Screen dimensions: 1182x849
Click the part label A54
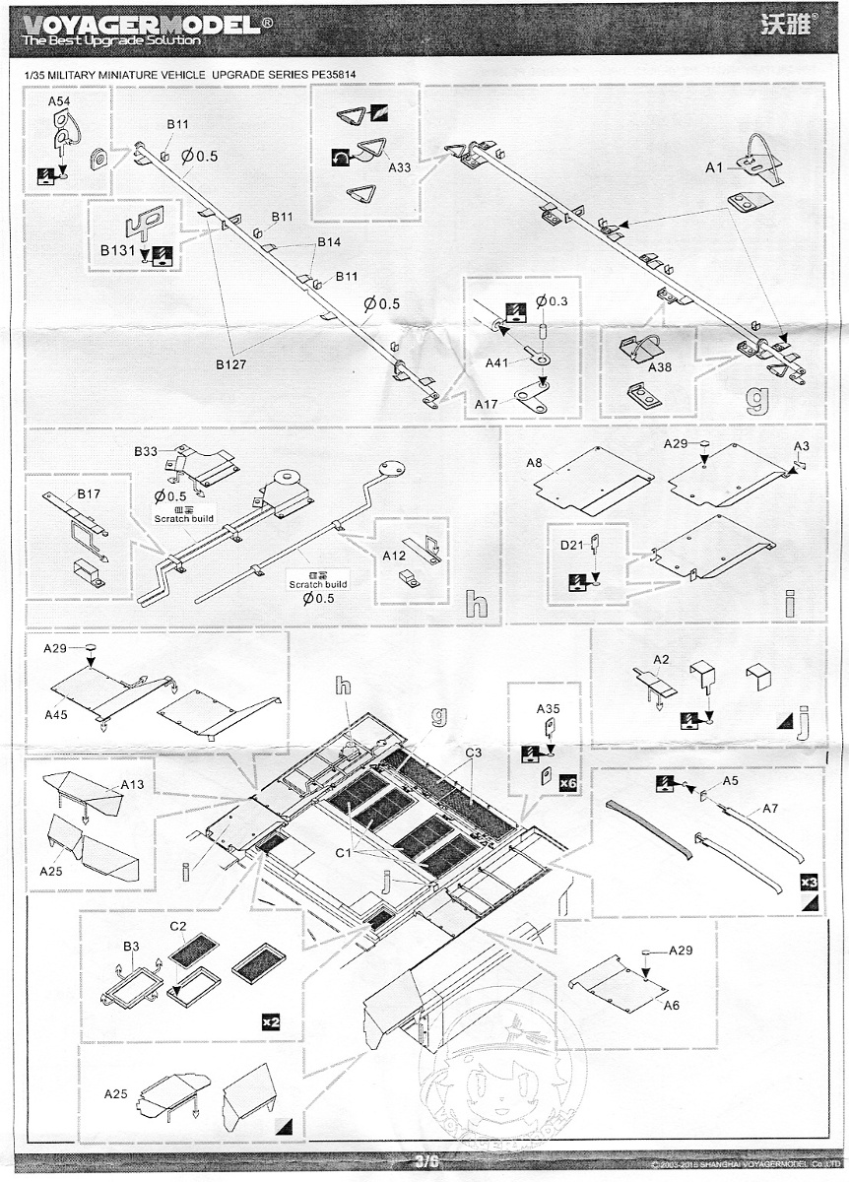point(58,102)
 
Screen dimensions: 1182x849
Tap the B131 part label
point(117,252)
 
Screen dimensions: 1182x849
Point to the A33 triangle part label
point(400,167)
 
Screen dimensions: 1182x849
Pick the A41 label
point(498,363)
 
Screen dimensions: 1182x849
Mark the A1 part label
point(716,168)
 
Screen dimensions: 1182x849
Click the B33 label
point(146,452)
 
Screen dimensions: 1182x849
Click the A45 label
point(57,712)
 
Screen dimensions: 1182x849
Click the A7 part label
point(769,809)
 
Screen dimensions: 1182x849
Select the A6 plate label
point(671,1005)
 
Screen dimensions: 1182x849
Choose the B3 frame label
point(130,947)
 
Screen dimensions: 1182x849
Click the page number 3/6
point(425,1162)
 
